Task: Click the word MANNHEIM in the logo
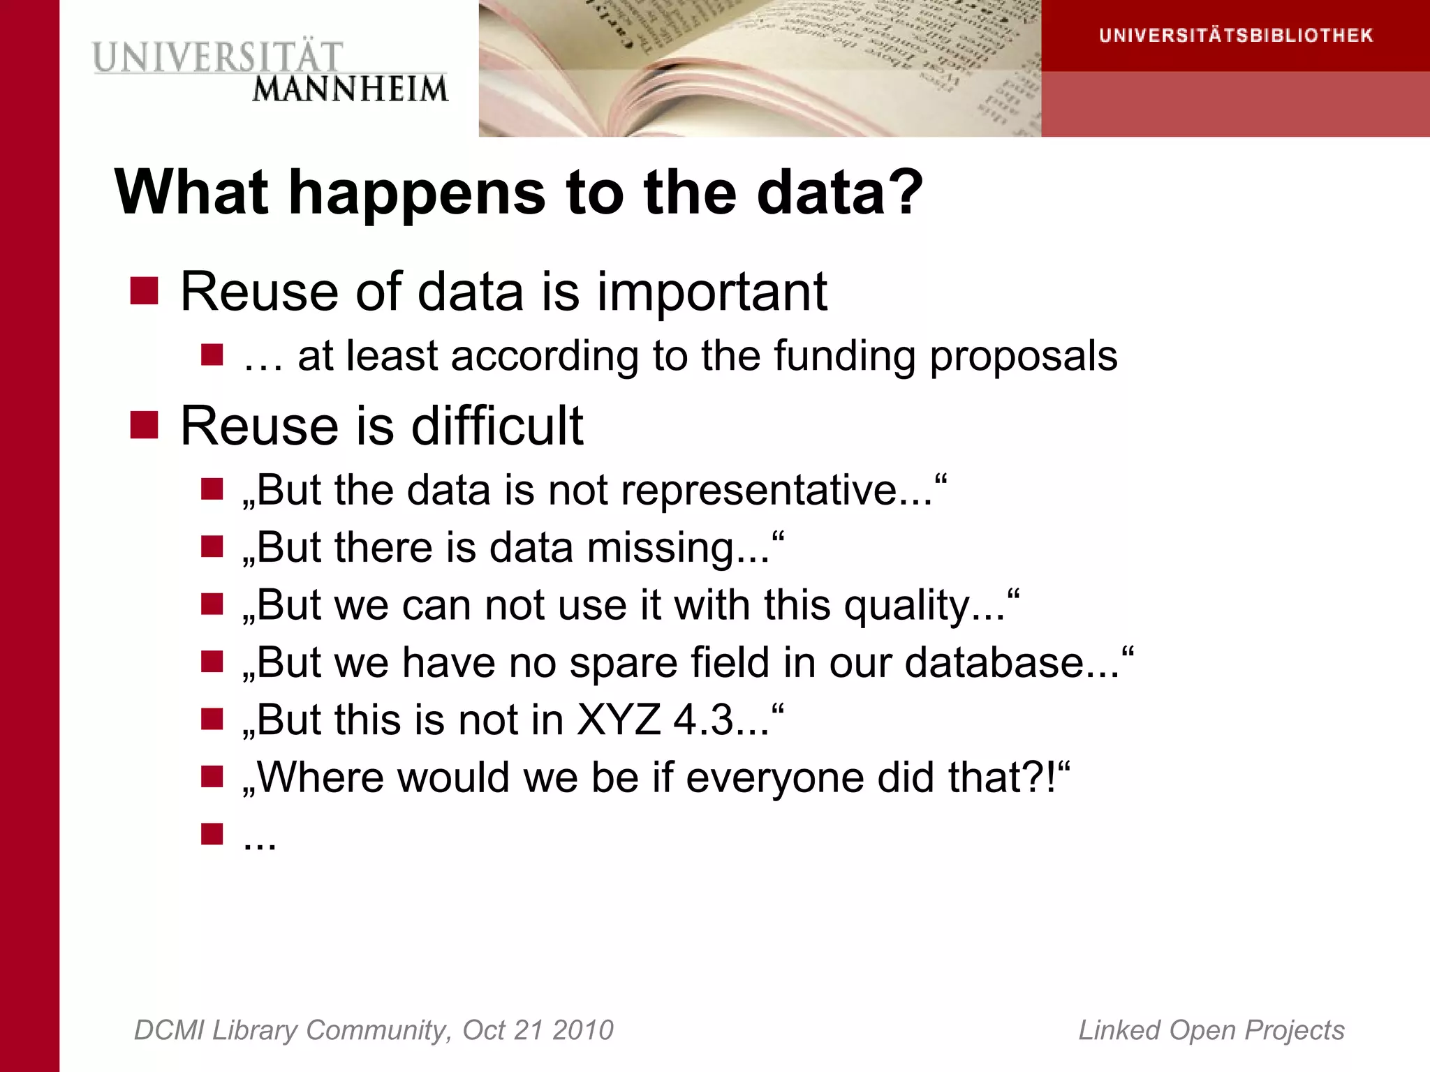pyautogui.click(x=350, y=90)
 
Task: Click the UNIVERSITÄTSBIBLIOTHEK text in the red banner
pyautogui.click(x=1236, y=36)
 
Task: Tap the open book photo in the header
pyautogui.click(x=760, y=68)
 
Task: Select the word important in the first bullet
pyautogui.click(x=712, y=292)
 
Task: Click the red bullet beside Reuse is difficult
pyautogui.click(x=145, y=425)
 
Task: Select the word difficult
pyautogui.click(x=497, y=426)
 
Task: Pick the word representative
pyautogui.click(x=775, y=490)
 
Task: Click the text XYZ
pyautogui.click(x=619, y=720)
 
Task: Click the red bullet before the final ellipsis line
pyautogui.click(x=212, y=834)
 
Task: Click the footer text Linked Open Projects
pyautogui.click(x=1211, y=1030)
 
